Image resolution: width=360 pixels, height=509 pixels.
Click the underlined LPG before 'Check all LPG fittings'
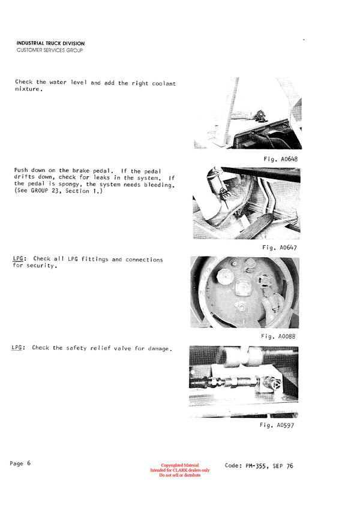click(x=19, y=260)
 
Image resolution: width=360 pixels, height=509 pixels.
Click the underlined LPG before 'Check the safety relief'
click(x=17, y=348)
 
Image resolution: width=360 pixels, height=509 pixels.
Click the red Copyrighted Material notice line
click(x=179, y=465)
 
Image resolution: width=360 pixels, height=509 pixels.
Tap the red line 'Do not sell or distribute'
click(x=179, y=475)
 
